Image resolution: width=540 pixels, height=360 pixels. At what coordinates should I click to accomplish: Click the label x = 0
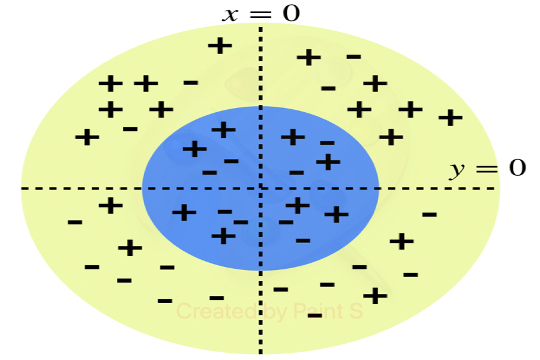point(260,13)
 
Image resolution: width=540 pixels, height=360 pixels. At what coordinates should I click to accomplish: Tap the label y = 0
point(487,169)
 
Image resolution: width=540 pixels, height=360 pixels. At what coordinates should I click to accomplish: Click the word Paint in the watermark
point(316,311)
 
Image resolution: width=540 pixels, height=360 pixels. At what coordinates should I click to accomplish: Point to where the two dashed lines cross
point(260,188)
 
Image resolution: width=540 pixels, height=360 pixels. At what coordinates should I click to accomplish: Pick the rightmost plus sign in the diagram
point(450,117)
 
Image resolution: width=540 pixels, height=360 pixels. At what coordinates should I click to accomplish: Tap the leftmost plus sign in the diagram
point(87,137)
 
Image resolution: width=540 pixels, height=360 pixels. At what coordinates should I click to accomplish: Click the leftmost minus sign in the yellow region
point(75,223)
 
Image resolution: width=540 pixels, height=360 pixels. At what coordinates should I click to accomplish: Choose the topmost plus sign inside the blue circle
point(223,129)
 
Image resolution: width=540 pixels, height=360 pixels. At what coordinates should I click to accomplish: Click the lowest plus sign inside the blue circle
point(223,236)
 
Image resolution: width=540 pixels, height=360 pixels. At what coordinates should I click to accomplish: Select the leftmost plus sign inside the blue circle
point(184,212)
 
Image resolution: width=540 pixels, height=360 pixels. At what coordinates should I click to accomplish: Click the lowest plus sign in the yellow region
point(374,296)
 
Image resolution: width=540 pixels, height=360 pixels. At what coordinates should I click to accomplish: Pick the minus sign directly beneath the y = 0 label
point(429,214)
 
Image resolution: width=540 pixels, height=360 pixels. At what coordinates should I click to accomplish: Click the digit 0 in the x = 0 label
point(291,13)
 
